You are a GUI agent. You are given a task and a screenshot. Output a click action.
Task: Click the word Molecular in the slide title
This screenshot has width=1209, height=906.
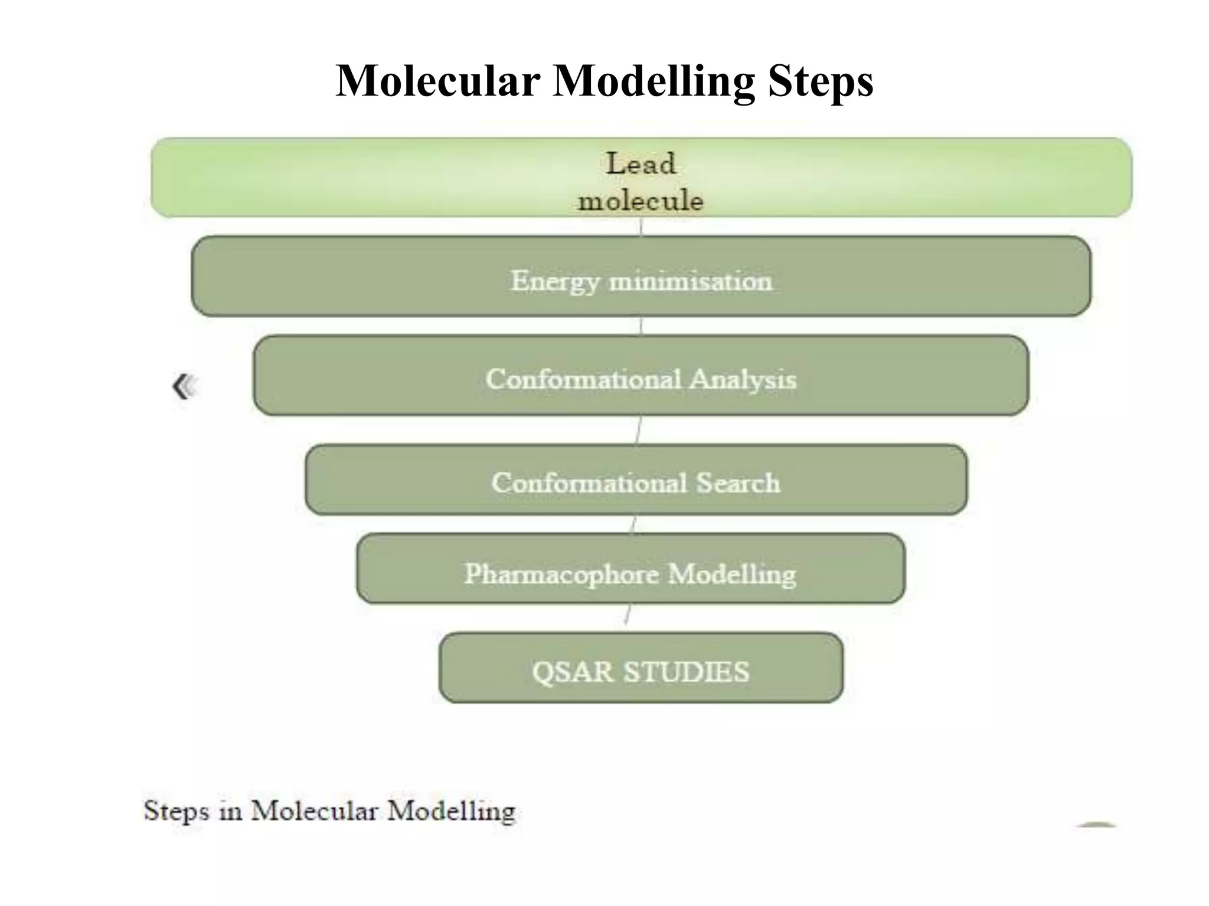[x=437, y=81]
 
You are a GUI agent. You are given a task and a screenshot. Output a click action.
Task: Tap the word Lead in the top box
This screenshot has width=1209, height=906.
[x=641, y=163]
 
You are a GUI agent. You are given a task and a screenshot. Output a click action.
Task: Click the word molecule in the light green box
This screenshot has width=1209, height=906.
[x=641, y=201]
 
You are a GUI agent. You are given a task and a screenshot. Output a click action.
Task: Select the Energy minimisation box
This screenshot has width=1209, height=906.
[x=641, y=276]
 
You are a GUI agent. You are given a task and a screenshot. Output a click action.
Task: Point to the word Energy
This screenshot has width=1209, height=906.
[x=555, y=281]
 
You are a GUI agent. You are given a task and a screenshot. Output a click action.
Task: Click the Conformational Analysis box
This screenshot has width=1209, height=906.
[x=641, y=376]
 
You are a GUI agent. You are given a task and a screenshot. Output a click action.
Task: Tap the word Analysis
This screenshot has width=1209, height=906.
[x=743, y=379]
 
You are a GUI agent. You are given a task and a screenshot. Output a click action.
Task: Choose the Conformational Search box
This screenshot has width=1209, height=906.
[x=636, y=480]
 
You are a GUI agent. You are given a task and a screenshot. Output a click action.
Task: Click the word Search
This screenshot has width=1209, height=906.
[x=738, y=483]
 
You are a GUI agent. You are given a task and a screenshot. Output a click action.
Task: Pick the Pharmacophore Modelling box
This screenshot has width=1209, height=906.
[x=630, y=568]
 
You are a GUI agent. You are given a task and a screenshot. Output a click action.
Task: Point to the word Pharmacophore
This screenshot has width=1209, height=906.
[x=561, y=574]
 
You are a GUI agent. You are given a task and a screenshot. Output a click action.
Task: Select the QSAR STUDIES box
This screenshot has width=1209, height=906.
[x=641, y=667]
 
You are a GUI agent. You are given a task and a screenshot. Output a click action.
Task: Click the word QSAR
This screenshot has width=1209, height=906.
[x=572, y=672]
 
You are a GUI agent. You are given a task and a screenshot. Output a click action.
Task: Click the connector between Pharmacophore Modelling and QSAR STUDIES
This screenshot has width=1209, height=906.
[x=628, y=616]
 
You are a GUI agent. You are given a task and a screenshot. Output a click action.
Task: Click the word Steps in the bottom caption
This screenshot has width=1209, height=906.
[x=177, y=811]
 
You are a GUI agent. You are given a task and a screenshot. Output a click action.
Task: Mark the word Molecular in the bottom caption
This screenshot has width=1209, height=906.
[x=314, y=810]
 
